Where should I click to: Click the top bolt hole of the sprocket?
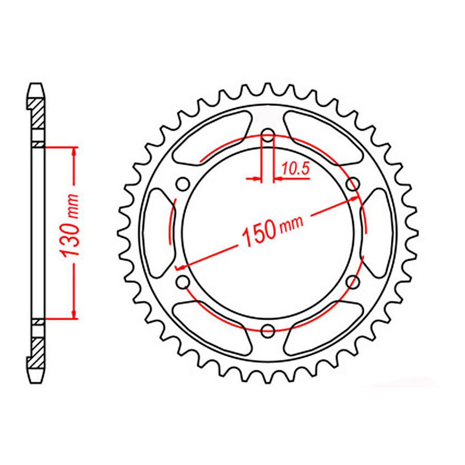tap(268, 134)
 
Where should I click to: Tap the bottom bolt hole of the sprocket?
tap(268, 331)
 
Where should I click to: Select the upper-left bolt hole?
tap(183, 184)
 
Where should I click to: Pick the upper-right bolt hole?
tap(353, 184)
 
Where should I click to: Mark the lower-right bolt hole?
tap(353, 282)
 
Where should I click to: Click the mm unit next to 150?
tap(291, 223)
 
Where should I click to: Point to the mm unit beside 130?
tap(72, 206)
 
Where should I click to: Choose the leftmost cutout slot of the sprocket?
tap(157, 232)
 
